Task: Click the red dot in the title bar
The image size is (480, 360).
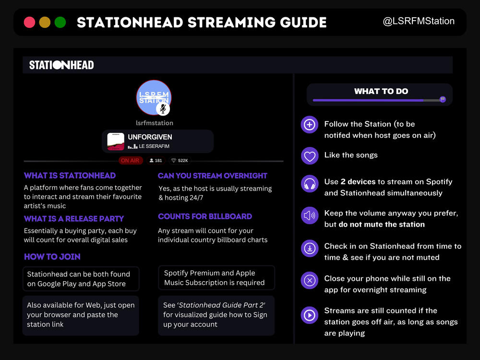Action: (29, 22)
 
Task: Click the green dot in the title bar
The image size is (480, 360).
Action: (60, 22)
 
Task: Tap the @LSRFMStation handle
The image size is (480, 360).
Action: (418, 21)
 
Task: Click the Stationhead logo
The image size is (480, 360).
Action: (61, 65)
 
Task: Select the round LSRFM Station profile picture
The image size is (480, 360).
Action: (154, 97)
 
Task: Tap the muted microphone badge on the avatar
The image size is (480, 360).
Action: (163, 109)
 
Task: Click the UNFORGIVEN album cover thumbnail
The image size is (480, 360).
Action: (116, 142)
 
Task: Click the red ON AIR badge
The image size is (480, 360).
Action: (130, 160)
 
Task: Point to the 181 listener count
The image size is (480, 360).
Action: (156, 160)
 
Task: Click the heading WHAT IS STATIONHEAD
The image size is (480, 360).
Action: (70, 176)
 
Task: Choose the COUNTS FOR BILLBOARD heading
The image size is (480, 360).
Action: (205, 216)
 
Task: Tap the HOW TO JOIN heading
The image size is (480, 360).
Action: (52, 257)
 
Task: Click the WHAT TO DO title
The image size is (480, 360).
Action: (381, 91)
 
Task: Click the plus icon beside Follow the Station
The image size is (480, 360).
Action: (310, 125)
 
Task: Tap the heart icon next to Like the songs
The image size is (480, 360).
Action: (310, 156)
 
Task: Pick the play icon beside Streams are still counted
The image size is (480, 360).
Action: (310, 315)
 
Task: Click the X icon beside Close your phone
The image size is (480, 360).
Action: (310, 280)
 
